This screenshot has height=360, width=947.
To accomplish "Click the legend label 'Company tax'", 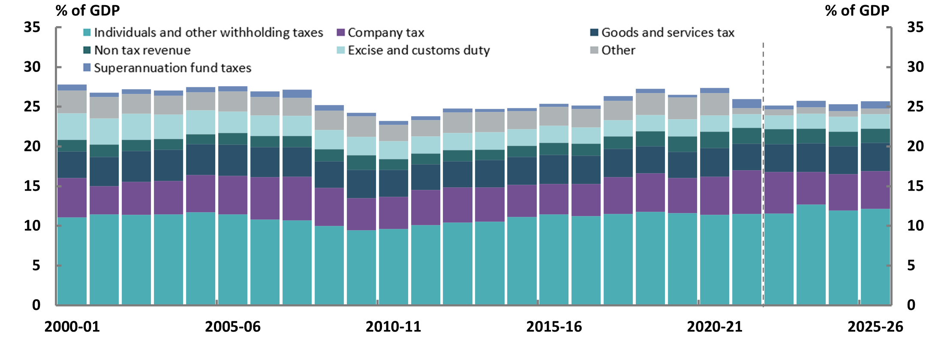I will click(386, 33).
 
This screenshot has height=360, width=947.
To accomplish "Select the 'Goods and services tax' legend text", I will click(667, 33).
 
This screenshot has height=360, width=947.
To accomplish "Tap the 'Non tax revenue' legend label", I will click(142, 50).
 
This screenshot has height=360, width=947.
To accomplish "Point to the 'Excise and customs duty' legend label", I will click(418, 50).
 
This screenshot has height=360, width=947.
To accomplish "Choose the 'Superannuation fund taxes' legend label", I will click(172, 68).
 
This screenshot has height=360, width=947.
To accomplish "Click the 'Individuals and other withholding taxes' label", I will click(208, 33).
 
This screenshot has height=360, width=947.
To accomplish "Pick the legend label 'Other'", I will click(618, 50).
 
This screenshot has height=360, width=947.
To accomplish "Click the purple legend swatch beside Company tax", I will click(341, 33).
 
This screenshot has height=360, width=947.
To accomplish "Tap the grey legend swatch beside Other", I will click(594, 50).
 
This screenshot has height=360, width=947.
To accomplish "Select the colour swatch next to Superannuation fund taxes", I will click(87, 68).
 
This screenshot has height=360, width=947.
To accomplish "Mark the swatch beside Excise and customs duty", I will click(341, 50).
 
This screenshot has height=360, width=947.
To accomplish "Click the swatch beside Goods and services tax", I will click(594, 33).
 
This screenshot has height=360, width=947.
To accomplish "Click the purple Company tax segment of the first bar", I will click(72, 198).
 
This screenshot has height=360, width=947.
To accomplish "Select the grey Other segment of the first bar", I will click(72, 102).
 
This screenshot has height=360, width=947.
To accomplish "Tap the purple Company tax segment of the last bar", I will click(875, 190).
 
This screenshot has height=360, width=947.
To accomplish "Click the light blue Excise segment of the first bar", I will click(72, 126).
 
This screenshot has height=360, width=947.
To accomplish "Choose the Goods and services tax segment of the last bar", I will click(875, 157).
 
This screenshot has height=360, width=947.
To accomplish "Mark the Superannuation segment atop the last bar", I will click(875, 105).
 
